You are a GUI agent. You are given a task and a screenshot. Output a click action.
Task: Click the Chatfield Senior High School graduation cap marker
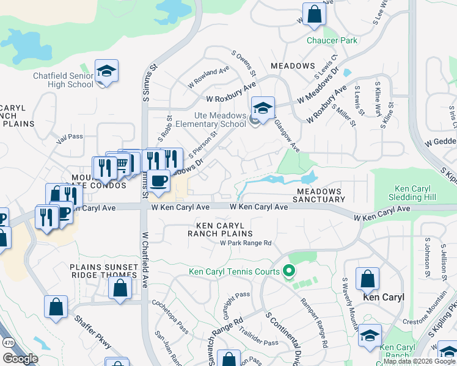click(106, 71)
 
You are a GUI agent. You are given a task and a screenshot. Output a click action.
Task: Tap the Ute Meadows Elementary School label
click(203, 120)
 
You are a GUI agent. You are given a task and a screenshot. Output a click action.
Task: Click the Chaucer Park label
click(332, 41)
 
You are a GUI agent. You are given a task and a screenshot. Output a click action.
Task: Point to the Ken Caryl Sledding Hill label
click(414, 193)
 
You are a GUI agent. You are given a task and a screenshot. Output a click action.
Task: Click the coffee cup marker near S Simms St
click(159, 182)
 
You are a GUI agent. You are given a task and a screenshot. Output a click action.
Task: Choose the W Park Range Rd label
click(246, 243)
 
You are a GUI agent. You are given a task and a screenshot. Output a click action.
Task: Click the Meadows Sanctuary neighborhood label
click(320, 195)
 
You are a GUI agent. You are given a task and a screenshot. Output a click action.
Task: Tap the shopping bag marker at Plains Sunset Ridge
click(120, 288)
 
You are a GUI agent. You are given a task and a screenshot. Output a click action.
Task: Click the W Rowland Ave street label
click(209, 77)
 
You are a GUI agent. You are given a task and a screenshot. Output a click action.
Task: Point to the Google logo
click(20, 358)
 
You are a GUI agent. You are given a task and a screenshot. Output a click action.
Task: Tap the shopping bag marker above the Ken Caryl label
click(368, 280)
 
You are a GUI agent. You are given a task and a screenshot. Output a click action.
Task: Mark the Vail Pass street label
click(69, 138)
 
